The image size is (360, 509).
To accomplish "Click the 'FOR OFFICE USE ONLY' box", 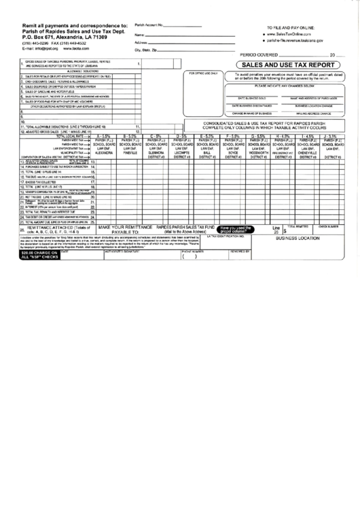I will [204, 73].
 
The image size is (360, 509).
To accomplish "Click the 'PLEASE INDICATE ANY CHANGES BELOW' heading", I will [293, 87].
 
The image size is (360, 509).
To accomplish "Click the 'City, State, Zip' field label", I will [146, 50].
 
